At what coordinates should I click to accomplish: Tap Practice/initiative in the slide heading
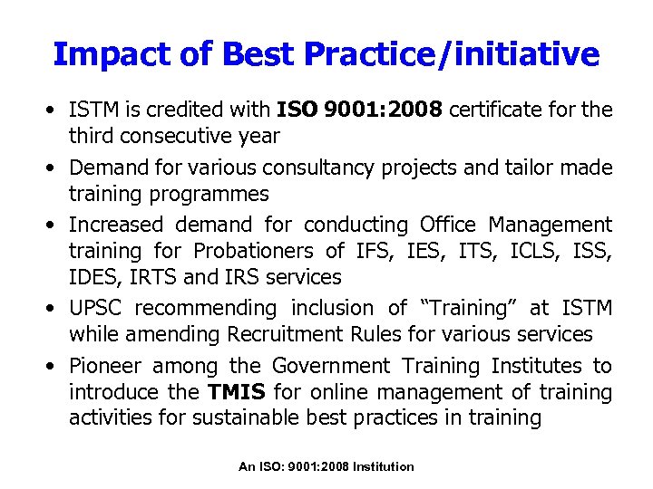click(x=453, y=54)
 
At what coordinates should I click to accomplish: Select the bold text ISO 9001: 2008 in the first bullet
click(x=359, y=110)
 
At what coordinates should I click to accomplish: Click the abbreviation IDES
click(x=93, y=277)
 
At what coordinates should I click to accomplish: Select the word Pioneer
click(x=105, y=366)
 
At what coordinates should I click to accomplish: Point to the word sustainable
click(x=282, y=417)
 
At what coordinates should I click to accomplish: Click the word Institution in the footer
click(x=384, y=466)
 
